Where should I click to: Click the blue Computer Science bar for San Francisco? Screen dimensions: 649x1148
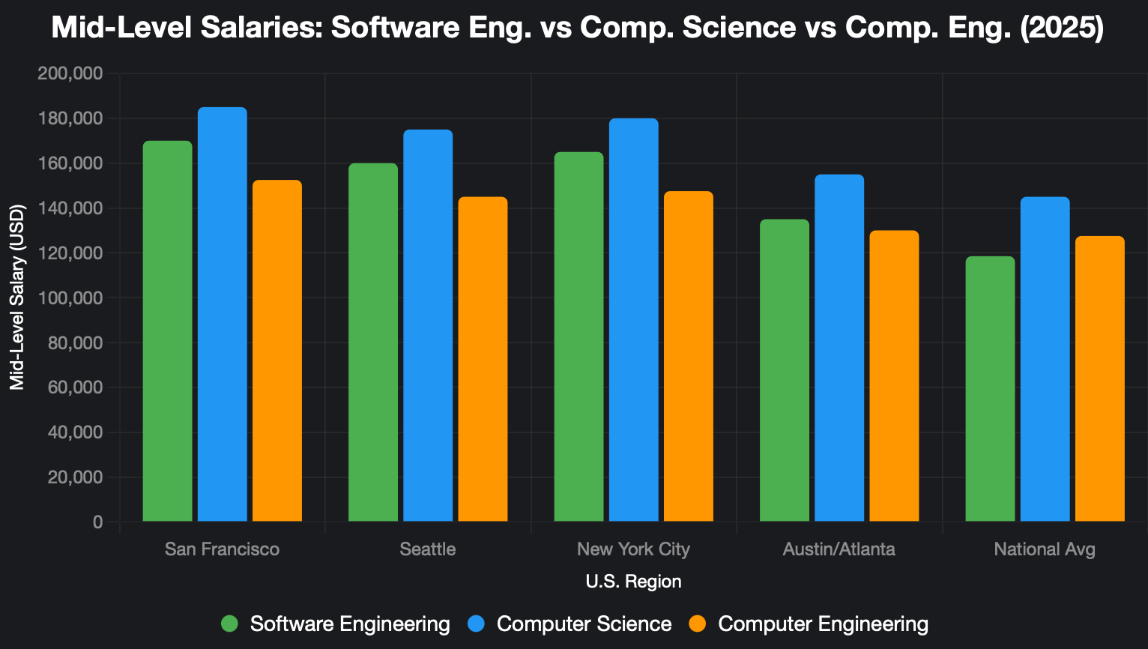pos(222,315)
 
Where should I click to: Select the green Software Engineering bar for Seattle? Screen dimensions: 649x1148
pos(373,342)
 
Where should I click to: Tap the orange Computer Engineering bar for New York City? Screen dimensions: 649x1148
pos(689,357)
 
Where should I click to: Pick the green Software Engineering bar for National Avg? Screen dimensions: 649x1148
pos(990,389)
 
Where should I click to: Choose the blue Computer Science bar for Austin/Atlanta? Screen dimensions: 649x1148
pos(839,348)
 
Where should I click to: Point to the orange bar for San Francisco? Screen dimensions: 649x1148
pos(277,351)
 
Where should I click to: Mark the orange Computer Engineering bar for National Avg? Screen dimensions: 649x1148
pos(1100,379)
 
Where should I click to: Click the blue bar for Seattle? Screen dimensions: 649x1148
pos(428,326)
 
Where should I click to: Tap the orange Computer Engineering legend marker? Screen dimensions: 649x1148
pos(698,624)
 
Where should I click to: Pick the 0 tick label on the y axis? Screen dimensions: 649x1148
pos(98,522)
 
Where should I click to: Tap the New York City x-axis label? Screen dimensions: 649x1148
pos(633,549)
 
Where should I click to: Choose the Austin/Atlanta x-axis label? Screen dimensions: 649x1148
pos(839,549)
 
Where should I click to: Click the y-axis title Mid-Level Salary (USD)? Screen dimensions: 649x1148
pos(17,298)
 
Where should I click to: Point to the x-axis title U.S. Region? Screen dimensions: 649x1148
pos(633,582)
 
